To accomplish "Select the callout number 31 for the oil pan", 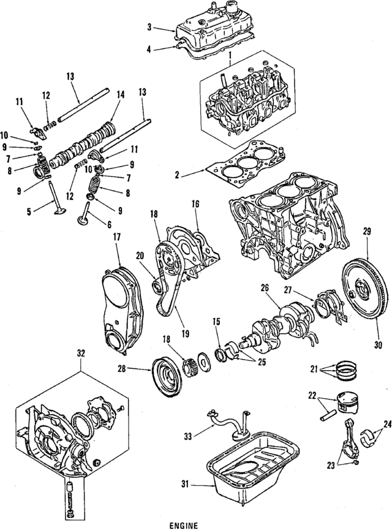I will (x=186, y=486).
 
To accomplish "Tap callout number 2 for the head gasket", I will (x=176, y=175).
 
